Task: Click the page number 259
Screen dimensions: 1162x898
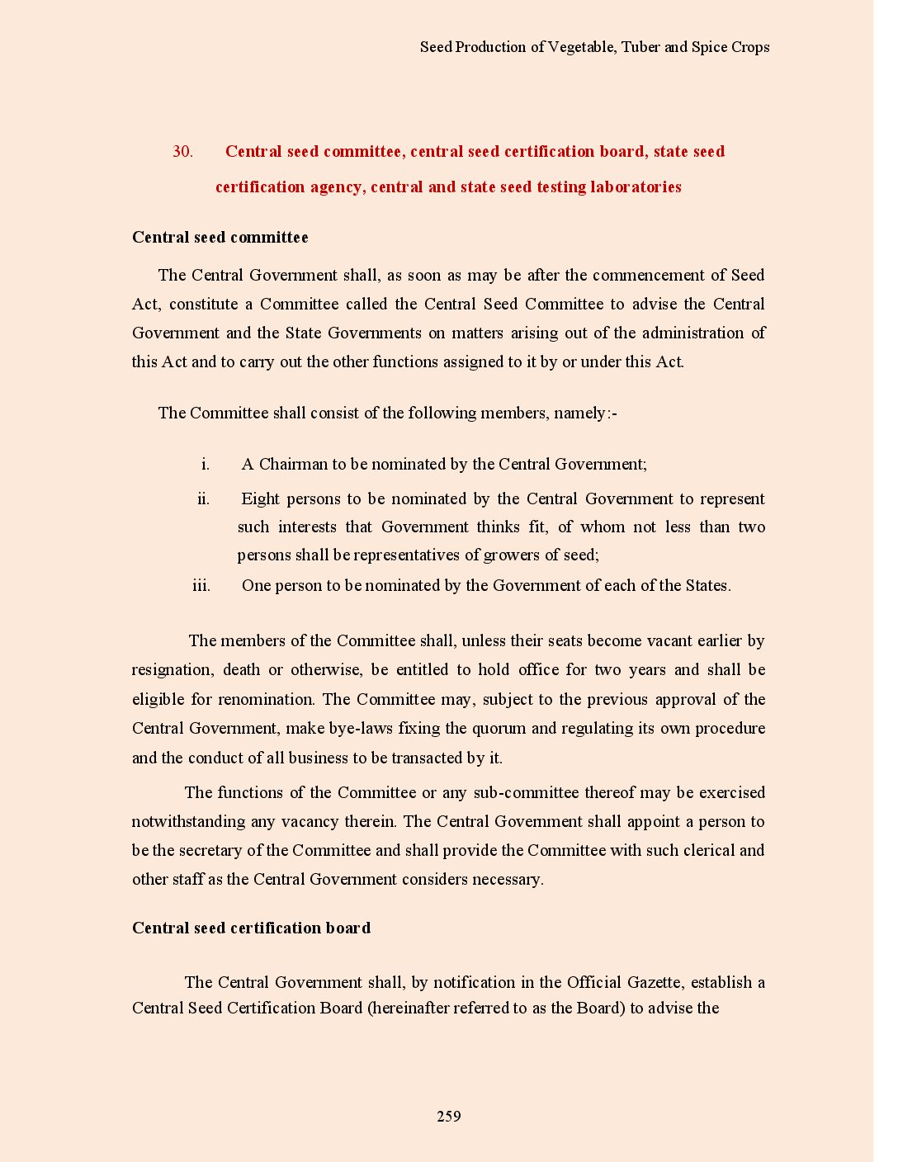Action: pos(448,1117)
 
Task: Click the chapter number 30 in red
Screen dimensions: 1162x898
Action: pos(182,152)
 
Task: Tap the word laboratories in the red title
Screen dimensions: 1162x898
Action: pos(636,187)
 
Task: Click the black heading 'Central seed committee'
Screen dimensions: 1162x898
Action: pos(220,238)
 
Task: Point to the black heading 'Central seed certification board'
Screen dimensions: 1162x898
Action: pos(251,928)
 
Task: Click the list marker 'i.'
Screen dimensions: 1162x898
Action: pos(206,465)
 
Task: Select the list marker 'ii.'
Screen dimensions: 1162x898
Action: pos(203,499)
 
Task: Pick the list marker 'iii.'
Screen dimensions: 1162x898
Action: pos(201,586)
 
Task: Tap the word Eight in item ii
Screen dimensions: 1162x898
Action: pos(261,499)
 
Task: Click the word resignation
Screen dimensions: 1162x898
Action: pos(172,670)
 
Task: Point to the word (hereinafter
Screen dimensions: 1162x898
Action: pos(410,1008)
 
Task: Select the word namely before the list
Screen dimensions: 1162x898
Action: pos(580,413)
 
